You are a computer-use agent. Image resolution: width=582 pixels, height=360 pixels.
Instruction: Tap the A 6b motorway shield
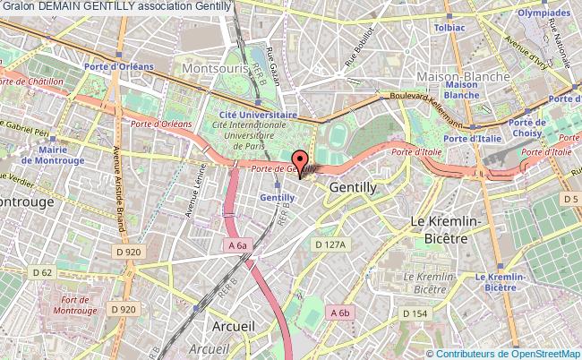click(x=339, y=313)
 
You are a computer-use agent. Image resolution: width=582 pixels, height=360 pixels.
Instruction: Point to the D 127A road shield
click(x=329, y=243)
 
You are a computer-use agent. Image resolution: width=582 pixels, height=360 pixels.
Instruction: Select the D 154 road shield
click(x=414, y=313)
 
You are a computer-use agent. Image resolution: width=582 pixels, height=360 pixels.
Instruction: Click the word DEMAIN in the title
click(x=64, y=6)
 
